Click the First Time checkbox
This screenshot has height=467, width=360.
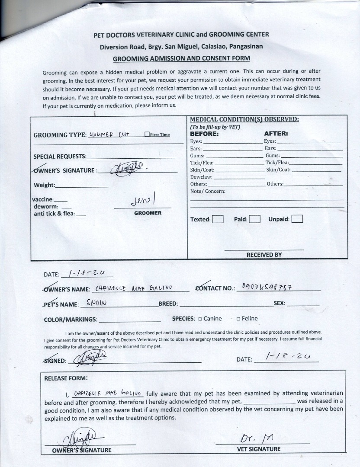[x=147, y=134]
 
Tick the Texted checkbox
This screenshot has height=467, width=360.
[x=218, y=219]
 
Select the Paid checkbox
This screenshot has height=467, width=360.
[x=254, y=219]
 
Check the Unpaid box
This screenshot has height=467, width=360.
[x=297, y=219]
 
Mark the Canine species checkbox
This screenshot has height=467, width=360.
[x=200, y=319]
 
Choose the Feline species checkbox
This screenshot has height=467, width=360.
[x=238, y=319]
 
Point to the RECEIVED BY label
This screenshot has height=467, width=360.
[x=264, y=255]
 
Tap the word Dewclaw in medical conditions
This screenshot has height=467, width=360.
[x=201, y=177]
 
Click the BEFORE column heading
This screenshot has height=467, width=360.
[x=205, y=134]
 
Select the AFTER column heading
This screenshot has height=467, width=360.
[x=276, y=134]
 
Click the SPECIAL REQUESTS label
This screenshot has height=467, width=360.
[x=60, y=156]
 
